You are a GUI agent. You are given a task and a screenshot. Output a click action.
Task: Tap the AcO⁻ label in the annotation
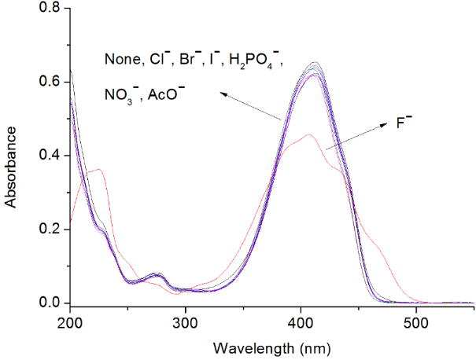click(x=167, y=94)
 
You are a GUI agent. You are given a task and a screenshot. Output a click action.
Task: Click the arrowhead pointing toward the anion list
click(x=222, y=94)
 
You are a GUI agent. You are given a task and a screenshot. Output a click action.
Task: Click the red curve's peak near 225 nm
click(x=98, y=169)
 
